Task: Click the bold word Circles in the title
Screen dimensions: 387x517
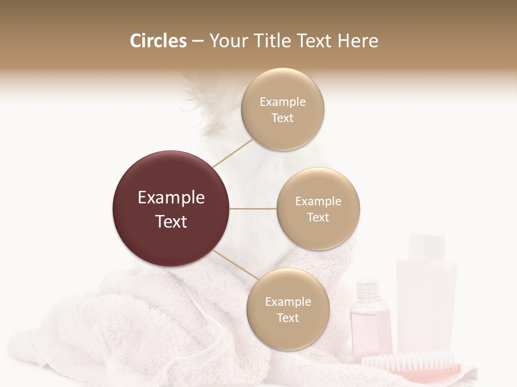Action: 158,41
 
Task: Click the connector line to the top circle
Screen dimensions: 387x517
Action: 233,153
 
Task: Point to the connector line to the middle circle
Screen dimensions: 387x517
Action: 253,209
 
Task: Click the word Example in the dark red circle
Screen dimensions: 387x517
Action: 171,198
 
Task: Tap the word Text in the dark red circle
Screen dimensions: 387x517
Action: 171,221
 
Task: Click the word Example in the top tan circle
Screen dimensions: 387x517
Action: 282,102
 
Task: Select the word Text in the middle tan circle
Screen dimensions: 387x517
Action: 318,217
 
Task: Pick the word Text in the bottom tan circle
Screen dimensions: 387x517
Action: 288,318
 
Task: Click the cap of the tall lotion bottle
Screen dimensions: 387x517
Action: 426,245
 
